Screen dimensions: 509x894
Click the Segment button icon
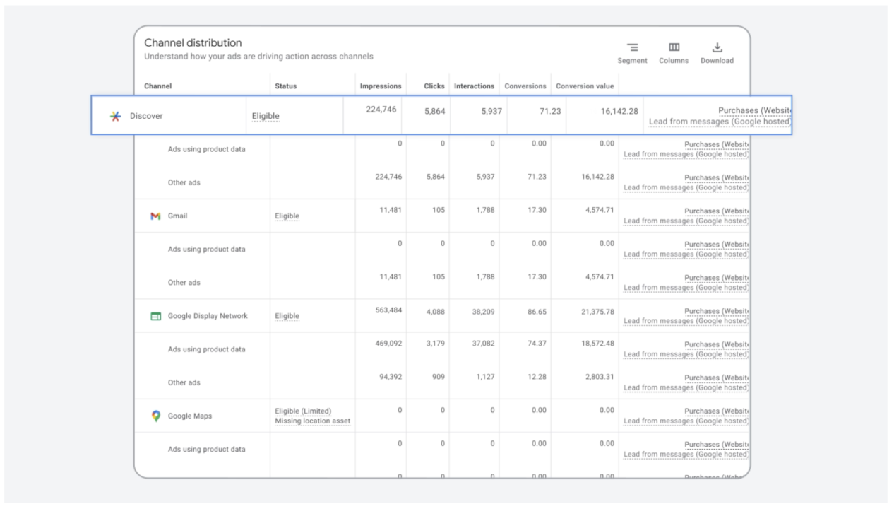pyautogui.click(x=632, y=47)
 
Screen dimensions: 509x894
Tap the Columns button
pyautogui.click(x=674, y=47)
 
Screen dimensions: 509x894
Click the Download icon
pyautogui.click(x=717, y=47)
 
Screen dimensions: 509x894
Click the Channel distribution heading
pyautogui.click(x=193, y=43)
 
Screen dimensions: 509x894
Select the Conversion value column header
pyautogui.click(x=585, y=86)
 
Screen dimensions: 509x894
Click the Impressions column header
pyautogui.click(x=381, y=86)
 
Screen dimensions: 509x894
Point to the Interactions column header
pyautogui.click(x=474, y=86)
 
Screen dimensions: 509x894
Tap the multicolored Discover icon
pyautogui.click(x=115, y=116)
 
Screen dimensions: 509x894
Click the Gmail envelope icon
pyautogui.click(x=155, y=216)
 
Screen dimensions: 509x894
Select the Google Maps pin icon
pyautogui.click(x=156, y=416)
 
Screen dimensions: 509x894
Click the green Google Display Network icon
pyautogui.click(x=156, y=316)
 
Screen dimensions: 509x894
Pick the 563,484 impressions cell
pyautogui.click(x=388, y=311)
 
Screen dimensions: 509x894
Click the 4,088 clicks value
pyautogui.click(x=436, y=311)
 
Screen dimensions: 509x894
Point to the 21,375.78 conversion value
pyautogui.click(x=597, y=311)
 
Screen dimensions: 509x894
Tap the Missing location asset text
pyautogui.click(x=313, y=421)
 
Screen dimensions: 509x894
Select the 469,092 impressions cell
pyautogui.click(x=388, y=344)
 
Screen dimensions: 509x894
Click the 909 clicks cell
pyautogui.click(x=438, y=377)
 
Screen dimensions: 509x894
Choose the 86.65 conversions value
pyautogui.click(x=537, y=311)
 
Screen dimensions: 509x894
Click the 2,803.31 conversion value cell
pyautogui.click(x=597, y=377)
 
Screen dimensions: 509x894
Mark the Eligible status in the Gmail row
pyautogui.click(x=287, y=216)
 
